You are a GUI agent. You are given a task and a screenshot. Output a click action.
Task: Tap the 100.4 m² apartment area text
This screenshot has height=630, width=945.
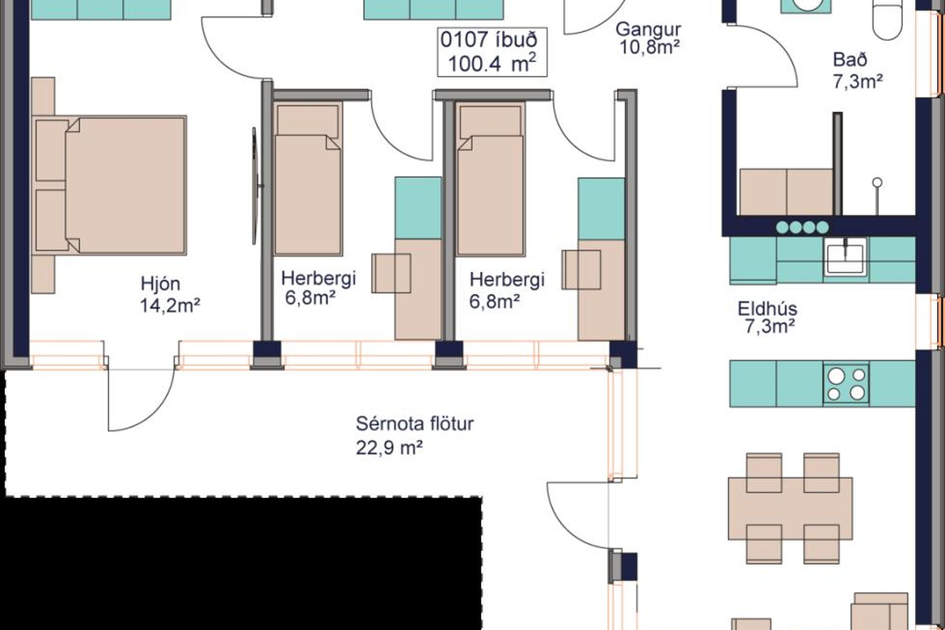(492, 63)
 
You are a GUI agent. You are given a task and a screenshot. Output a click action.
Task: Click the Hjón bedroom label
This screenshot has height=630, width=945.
(160, 284)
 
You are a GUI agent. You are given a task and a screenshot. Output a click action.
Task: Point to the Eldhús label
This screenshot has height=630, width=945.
(767, 309)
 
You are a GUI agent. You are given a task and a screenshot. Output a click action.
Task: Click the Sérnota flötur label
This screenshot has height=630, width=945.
(414, 423)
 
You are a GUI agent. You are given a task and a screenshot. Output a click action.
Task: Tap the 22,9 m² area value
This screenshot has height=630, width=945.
(389, 448)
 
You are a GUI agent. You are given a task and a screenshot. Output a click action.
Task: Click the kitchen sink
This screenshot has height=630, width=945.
(845, 256)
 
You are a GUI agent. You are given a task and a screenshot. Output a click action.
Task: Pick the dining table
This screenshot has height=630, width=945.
(790, 508)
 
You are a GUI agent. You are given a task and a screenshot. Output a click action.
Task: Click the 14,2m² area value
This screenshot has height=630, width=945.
(170, 306)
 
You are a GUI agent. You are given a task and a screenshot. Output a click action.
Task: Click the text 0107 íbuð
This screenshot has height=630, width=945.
(488, 40)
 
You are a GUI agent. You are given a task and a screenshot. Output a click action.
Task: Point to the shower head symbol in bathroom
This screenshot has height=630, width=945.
(877, 183)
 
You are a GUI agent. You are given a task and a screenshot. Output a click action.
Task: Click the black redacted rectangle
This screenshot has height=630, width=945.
(241, 563)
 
